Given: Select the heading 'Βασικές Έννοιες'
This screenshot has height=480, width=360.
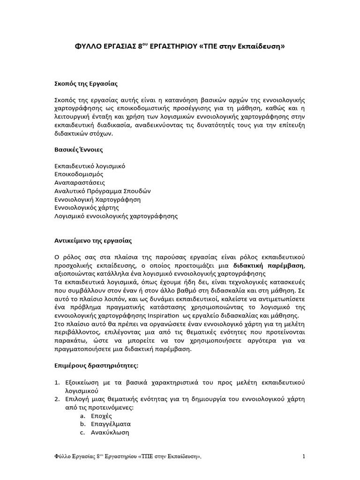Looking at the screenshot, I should tap(78, 150).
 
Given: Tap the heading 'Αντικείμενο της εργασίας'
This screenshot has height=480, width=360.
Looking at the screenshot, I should tap(93, 240).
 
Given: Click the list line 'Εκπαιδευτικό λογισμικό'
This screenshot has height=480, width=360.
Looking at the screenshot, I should tap(90, 166).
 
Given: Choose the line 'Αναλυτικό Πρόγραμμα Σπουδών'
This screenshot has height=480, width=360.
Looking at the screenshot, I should tap(103, 191).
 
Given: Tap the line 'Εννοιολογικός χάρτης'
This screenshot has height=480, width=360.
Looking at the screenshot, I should tap(87, 207).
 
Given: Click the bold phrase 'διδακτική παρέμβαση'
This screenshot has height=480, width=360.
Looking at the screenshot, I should tap(269, 265).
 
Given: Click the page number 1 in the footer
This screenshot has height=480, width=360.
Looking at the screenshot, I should tap(304, 457).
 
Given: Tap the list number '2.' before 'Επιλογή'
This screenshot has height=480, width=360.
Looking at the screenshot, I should tap(57, 399).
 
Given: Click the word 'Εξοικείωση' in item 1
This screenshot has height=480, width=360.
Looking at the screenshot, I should tap(83, 382).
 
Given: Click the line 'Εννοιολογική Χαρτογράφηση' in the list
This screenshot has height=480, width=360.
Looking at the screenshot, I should tap(97, 199).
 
